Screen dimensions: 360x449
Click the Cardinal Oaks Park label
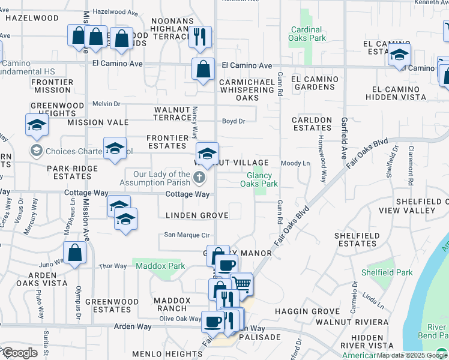308,34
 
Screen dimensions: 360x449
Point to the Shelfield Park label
387,272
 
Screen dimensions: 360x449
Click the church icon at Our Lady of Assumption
200,178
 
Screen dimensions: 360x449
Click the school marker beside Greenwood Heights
36,125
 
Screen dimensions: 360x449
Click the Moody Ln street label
295,163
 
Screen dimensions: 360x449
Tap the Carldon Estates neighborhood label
312,124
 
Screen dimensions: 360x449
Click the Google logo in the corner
20,353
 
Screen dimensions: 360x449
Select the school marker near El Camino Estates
399,55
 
